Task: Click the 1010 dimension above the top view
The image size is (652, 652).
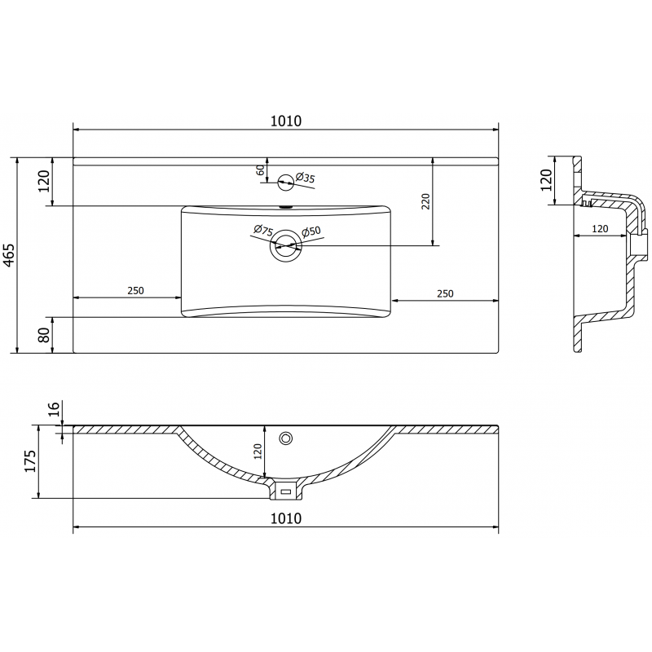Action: (x=285, y=121)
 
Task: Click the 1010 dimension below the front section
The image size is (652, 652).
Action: (x=285, y=518)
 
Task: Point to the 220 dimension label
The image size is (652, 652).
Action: (x=425, y=201)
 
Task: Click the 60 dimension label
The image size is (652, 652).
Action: (x=260, y=170)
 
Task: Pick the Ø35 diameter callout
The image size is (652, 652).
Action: (x=306, y=177)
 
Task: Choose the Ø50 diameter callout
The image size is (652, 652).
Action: (x=311, y=233)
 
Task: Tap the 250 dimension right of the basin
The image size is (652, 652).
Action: (x=445, y=293)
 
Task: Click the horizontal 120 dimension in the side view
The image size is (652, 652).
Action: (x=599, y=229)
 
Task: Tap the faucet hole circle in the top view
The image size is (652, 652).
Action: (x=285, y=182)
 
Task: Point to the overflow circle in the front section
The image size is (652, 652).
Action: (x=285, y=438)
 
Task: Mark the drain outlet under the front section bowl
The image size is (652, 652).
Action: (x=285, y=491)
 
